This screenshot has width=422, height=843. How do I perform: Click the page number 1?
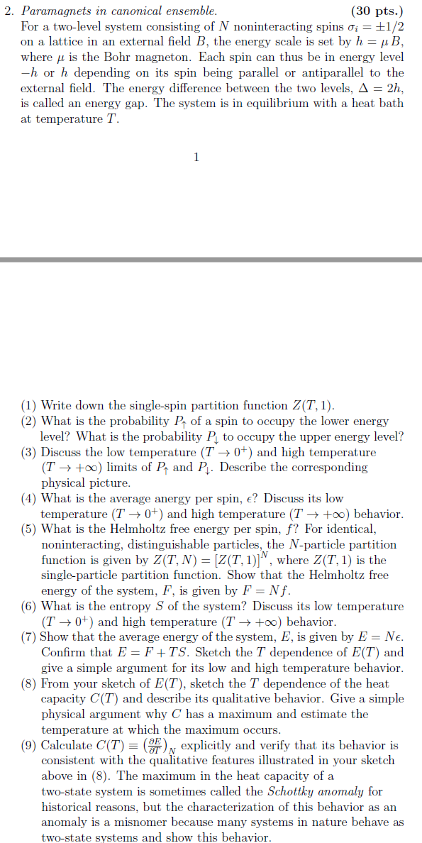[196, 157]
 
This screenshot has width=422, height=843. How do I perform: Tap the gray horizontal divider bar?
[211, 260]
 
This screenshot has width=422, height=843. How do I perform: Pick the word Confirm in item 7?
[62, 652]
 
